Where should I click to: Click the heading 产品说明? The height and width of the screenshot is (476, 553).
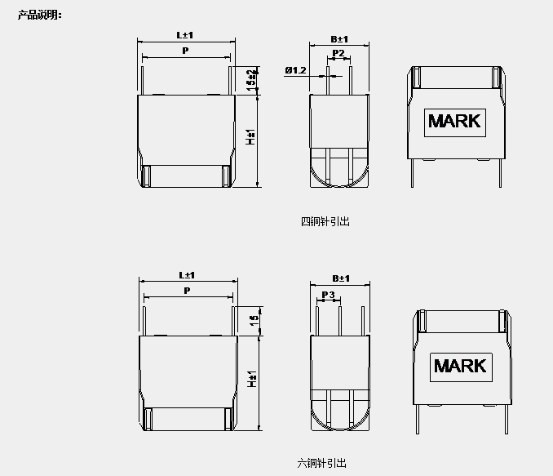click(x=40, y=16)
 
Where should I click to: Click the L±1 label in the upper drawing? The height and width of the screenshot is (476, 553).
click(x=185, y=35)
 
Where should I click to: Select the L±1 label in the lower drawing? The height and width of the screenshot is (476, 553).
click(x=187, y=275)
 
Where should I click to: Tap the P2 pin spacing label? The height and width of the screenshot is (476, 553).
click(x=338, y=53)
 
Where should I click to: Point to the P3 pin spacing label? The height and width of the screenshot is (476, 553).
click(x=328, y=295)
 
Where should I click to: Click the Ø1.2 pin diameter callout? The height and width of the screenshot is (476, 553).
click(x=295, y=70)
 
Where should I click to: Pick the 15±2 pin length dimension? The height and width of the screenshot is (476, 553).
click(x=252, y=80)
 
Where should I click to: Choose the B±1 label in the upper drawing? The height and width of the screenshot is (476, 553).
click(x=339, y=39)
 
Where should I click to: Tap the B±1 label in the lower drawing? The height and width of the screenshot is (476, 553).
click(x=341, y=278)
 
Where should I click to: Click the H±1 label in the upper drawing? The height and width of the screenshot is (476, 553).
click(x=250, y=136)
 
